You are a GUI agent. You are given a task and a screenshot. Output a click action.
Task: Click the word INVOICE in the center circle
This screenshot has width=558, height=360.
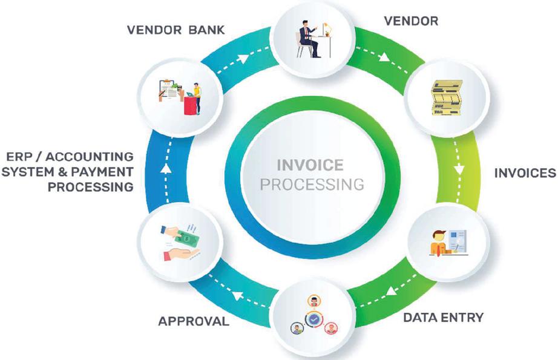point(309,165)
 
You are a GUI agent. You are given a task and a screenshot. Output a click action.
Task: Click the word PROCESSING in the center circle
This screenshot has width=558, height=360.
point(312,184)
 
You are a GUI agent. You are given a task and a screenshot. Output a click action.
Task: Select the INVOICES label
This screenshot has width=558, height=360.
point(524,173)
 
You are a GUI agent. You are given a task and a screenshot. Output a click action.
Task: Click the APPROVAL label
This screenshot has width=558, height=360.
point(194,321)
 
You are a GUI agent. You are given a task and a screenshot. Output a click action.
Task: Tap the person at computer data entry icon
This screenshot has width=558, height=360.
point(448,243)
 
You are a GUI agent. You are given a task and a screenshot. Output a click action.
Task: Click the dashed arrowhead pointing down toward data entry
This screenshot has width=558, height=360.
point(459,170)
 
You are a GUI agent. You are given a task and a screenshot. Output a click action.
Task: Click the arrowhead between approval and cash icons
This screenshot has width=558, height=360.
point(237,296)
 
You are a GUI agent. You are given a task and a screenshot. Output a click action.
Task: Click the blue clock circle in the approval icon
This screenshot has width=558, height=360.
point(313,317)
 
